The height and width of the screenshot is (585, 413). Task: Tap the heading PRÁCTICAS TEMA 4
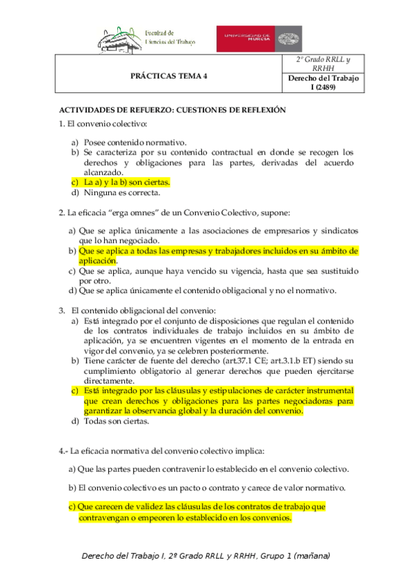point(169,77)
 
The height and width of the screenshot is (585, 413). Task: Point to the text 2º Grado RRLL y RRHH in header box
point(323,64)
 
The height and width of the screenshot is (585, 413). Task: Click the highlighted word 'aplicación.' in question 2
point(98,261)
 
